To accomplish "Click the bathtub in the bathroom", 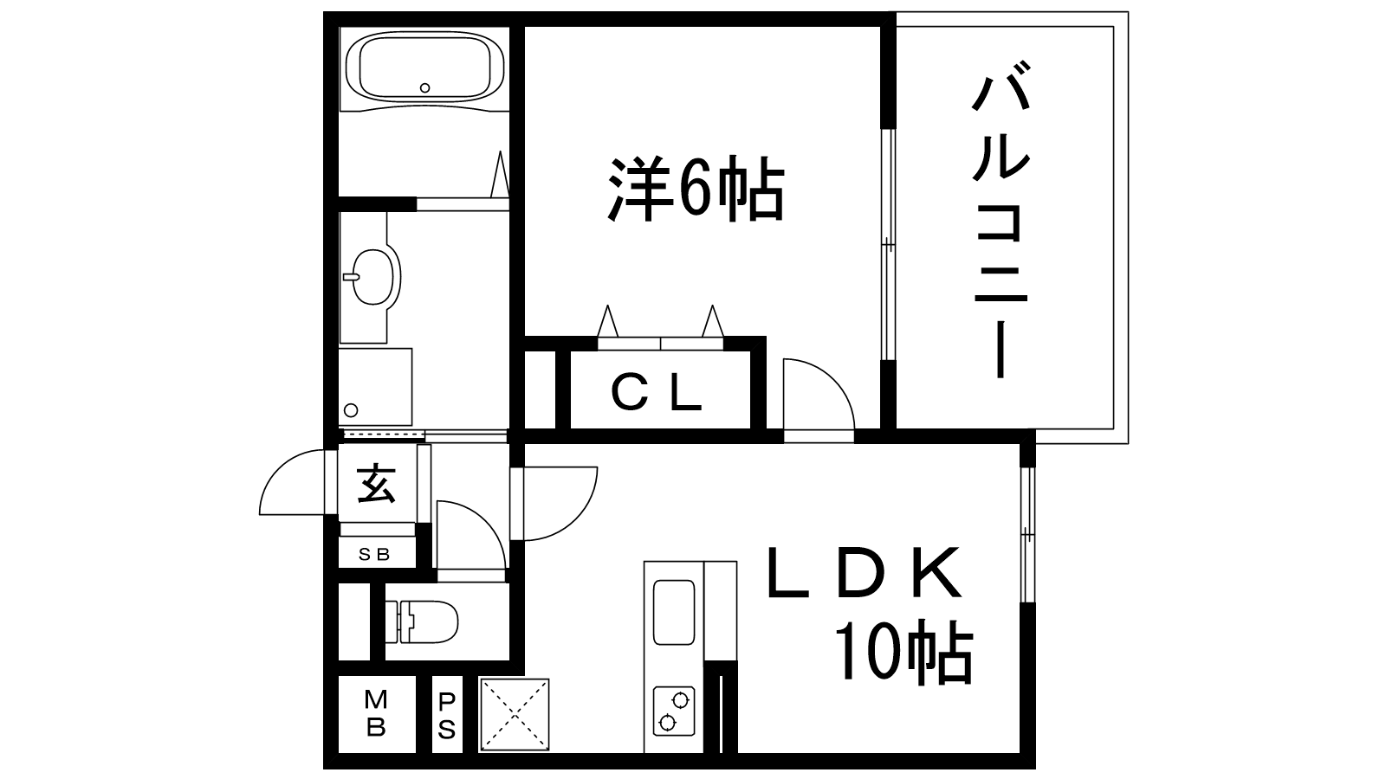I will pyautogui.click(x=424, y=68).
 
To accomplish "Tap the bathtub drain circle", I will pyautogui.click(x=424, y=87).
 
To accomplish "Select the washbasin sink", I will pyautogui.click(x=374, y=277).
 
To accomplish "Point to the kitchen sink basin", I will pyautogui.click(x=674, y=611).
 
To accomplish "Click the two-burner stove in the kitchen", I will pyautogui.click(x=673, y=710).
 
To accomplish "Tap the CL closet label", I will pyautogui.click(x=656, y=395).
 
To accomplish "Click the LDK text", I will pyautogui.click(x=864, y=574).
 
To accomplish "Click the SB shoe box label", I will pyautogui.click(x=375, y=555).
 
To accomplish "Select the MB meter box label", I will pyautogui.click(x=375, y=712).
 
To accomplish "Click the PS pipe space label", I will pyautogui.click(x=446, y=715).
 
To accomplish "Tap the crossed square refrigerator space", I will pyautogui.click(x=515, y=715).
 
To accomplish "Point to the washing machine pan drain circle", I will pyautogui.click(x=351, y=409).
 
